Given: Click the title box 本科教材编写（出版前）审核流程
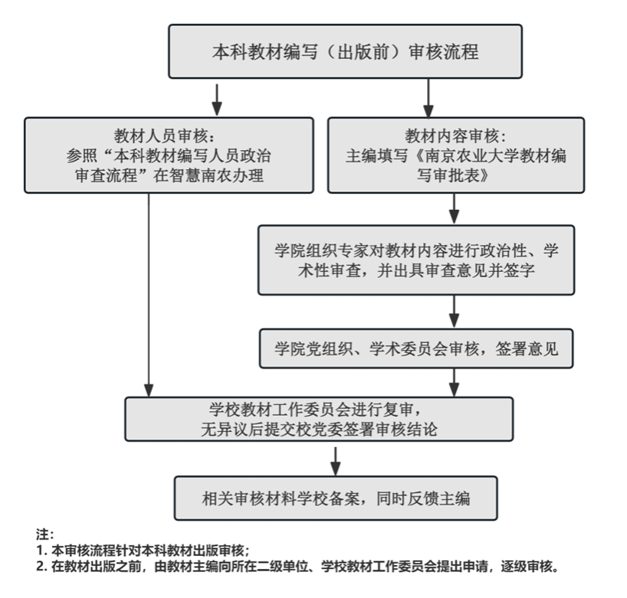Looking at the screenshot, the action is click(x=345, y=51).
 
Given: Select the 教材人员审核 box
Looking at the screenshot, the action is click(x=169, y=155).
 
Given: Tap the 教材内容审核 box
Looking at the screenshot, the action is click(x=456, y=155).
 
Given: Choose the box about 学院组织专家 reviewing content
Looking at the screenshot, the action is click(x=416, y=260).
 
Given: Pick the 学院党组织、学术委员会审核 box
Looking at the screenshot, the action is click(x=416, y=348).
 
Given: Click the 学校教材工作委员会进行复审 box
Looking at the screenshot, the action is click(x=319, y=419).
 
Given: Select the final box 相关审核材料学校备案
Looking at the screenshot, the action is click(x=336, y=498).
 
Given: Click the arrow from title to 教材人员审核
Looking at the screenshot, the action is click(x=217, y=100).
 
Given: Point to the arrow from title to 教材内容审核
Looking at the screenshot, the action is click(x=428, y=98).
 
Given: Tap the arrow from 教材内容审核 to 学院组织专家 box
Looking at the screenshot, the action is click(x=454, y=209).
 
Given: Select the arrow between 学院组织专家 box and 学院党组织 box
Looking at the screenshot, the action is click(x=454, y=312).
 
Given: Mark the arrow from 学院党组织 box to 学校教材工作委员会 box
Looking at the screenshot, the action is click(x=454, y=382).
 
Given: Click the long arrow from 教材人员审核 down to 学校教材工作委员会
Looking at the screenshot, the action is click(x=149, y=296).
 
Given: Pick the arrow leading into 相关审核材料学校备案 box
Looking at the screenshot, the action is click(x=336, y=462).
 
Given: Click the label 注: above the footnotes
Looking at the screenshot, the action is click(x=44, y=534).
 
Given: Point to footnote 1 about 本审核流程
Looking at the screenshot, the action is click(x=143, y=550).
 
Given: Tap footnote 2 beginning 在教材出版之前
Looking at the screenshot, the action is click(x=298, y=566).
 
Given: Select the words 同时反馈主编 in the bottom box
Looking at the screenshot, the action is click(x=423, y=498).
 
